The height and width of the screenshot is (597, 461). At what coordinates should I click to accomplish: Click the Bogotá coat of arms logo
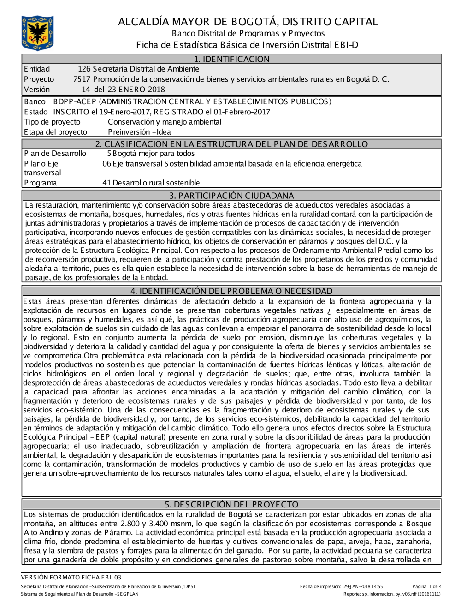[x=37, y=33]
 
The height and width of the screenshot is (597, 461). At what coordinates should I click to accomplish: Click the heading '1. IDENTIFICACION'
[x=231, y=59]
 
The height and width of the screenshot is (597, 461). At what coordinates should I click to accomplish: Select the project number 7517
[x=82, y=79]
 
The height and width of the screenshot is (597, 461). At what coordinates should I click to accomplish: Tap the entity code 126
[x=84, y=69]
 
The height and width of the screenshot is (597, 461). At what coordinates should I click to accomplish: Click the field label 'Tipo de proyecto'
[x=52, y=122]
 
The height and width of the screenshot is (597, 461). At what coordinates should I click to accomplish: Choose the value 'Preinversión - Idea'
[x=139, y=132]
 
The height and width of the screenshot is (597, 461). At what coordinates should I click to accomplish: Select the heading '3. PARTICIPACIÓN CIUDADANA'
[x=231, y=196]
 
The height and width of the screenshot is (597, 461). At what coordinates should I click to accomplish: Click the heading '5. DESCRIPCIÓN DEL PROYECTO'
[x=231, y=504]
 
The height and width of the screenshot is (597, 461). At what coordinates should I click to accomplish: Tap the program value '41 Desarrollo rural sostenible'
[x=151, y=183]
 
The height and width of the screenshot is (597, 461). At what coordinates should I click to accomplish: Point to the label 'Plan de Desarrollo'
[x=55, y=154]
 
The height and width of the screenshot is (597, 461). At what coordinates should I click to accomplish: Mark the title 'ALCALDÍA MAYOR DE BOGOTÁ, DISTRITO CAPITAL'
[x=248, y=22]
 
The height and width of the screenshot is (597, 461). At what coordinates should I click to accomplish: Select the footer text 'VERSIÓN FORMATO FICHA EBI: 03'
[x=71, y=577]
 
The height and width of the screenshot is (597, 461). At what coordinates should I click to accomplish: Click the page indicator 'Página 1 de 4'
[x=427, y=587]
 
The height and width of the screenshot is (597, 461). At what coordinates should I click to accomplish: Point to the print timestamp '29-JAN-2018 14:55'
[x=363, y=587]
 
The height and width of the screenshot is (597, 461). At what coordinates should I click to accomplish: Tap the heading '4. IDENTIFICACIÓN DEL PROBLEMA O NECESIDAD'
[x=231, y=291]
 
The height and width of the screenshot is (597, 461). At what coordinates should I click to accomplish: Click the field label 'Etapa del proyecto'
[x=55, y=132]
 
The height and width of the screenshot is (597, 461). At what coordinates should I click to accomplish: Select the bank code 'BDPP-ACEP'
[x=75, y=102]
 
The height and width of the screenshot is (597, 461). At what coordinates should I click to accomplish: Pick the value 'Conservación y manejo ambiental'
[x=165, y=122]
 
